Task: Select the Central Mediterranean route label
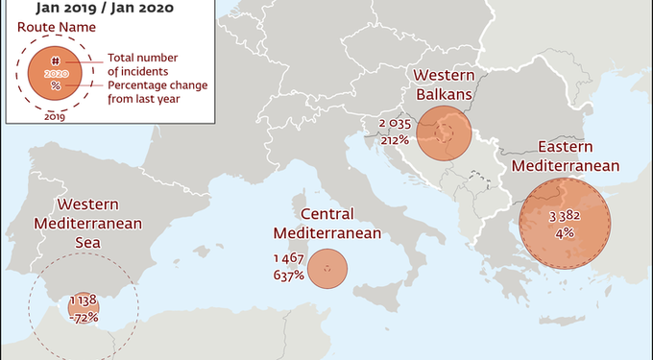(327, 223)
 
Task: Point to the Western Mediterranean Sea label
(87, 223)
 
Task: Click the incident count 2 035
(395, 124)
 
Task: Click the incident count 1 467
(288, 259)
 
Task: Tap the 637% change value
(288, 276)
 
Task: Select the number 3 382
(564, 216)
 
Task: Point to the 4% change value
(564, 232)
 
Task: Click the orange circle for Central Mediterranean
(327, 269)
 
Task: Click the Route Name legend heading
(50, 28)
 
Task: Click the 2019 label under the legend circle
(55, 117)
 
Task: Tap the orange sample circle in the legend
(56, 72)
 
